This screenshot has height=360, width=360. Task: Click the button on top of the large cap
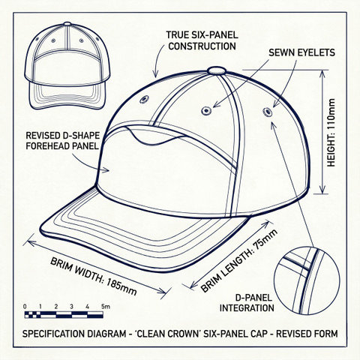tap(217, 70)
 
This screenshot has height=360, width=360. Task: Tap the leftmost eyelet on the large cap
tap(144, 100)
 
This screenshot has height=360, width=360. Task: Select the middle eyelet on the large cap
tap(206, 110)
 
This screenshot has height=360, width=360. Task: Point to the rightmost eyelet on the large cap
tap(268, 112)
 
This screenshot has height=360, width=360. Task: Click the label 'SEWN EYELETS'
tap(301, 52)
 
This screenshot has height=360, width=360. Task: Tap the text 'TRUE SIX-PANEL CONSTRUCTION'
tap(202, 40)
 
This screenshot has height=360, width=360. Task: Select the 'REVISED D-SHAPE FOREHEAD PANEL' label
tap(62, 140)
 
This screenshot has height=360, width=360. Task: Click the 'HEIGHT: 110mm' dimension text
tap(331, 133)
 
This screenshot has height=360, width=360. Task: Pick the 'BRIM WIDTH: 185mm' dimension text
tap(94, 276)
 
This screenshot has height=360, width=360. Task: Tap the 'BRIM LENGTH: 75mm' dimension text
tap(239, 261)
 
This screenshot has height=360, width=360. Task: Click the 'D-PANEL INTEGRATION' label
tap(247, 303)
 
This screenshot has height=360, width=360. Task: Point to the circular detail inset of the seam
tap(307, 280)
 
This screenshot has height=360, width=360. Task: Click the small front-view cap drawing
tap(67, 66)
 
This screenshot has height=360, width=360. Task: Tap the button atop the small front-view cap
tap(67, 24)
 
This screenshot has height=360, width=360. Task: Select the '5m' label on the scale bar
tap(105, 306)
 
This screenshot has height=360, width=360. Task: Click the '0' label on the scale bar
tap(25, 307)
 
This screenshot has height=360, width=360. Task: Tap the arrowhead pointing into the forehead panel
tap(106, 170)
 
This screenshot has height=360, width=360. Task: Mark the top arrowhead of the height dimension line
tap(322, 73)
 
